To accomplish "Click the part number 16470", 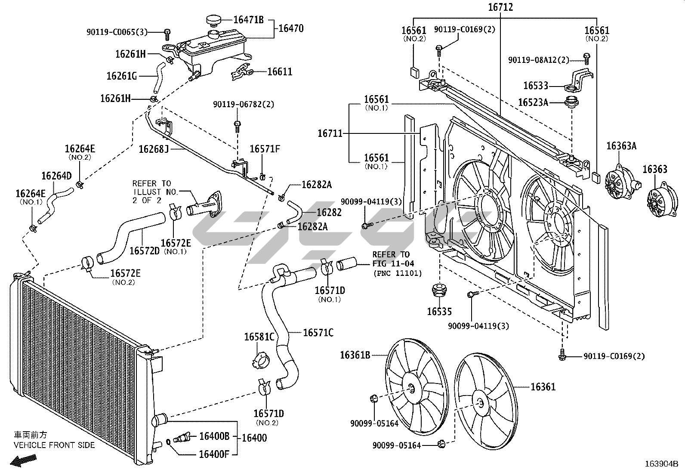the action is (291, 28).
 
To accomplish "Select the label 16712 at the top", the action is (500, 7).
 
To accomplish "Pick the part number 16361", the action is (543, 387).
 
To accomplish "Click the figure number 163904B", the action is (661, 464).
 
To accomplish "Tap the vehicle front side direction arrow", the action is (24, 460).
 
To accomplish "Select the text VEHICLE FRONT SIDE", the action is (54, 445).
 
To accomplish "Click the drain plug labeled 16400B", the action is (182, 438).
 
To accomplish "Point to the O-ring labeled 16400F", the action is (169, 442).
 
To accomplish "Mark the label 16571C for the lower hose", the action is (318, 333).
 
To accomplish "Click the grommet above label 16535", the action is (439, 291).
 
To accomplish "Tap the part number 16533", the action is (536, 86).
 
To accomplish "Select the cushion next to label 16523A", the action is (571, 102).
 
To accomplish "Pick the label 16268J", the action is (154, 149).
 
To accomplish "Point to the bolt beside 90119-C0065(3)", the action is (167, 34).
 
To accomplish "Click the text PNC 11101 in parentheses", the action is (398, 273).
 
